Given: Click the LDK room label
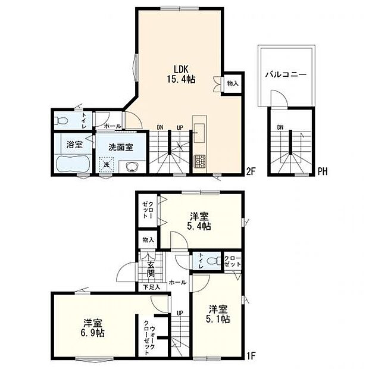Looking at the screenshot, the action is tap(181, 69).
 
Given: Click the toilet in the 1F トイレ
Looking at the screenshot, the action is tap(214, 261).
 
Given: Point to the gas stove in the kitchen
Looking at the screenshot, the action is tap(199, 161).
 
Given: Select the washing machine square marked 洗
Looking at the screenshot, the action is tap(107, 164).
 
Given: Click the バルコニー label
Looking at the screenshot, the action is tap(286, 74).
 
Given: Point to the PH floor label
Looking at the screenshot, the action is tap(323, 171).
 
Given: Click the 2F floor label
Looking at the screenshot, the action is tap(251, 171).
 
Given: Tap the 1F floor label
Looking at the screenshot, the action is tap(251, 355).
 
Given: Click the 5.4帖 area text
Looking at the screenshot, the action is tap(199, 226).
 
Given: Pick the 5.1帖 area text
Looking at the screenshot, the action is tap(218, 320).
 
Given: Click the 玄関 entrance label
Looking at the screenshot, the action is tap(151, 270).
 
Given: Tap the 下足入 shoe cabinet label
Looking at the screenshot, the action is tap(152, 287).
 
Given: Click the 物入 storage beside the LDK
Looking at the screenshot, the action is tap(233, 83).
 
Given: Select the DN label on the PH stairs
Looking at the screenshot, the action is tap(280, 127).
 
